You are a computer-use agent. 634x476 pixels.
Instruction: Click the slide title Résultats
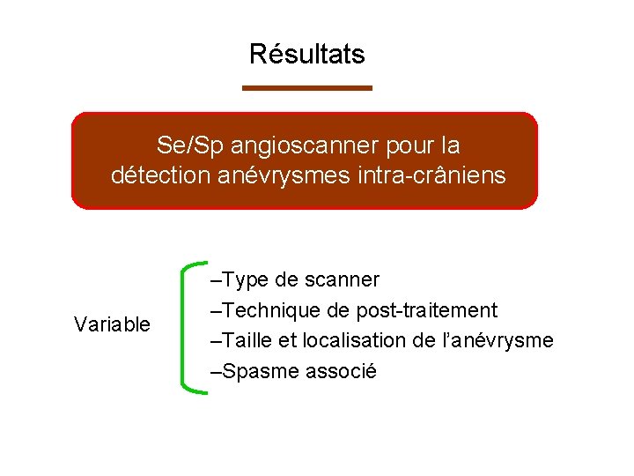click(x=306, y=55)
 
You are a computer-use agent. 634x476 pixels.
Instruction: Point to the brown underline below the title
click(x=306, y=87)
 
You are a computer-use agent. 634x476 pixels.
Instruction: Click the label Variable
click(x=112, y=325)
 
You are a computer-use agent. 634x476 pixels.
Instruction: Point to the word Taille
click(x=247, y=341)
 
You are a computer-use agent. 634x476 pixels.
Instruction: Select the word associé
click(x=341, y=371)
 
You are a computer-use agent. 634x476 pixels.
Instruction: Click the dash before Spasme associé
click(x=217, y=371)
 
